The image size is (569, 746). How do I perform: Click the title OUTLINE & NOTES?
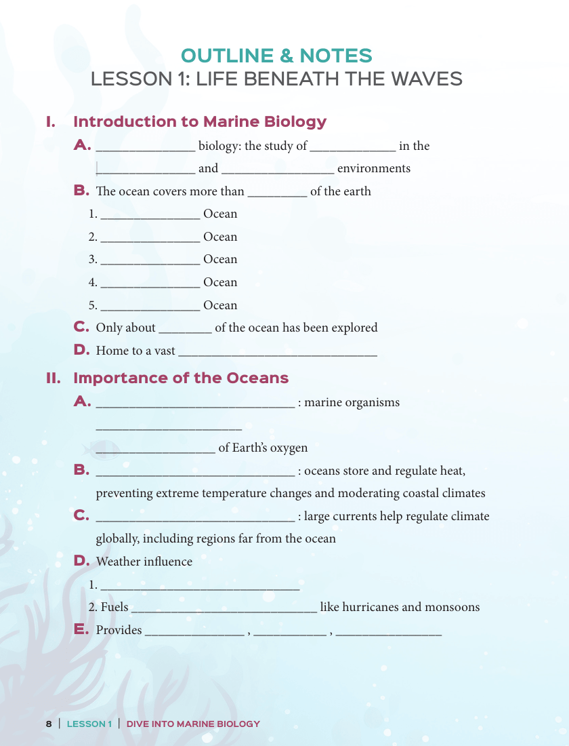pos(276,56)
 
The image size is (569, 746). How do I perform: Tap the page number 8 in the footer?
pos(49,724)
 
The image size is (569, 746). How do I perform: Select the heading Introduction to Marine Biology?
pos(199,122)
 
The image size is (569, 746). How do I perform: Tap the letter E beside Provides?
pos(81,629)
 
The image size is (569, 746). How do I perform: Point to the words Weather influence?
pos(144,562)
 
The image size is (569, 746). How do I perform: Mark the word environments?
pos(374,169)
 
